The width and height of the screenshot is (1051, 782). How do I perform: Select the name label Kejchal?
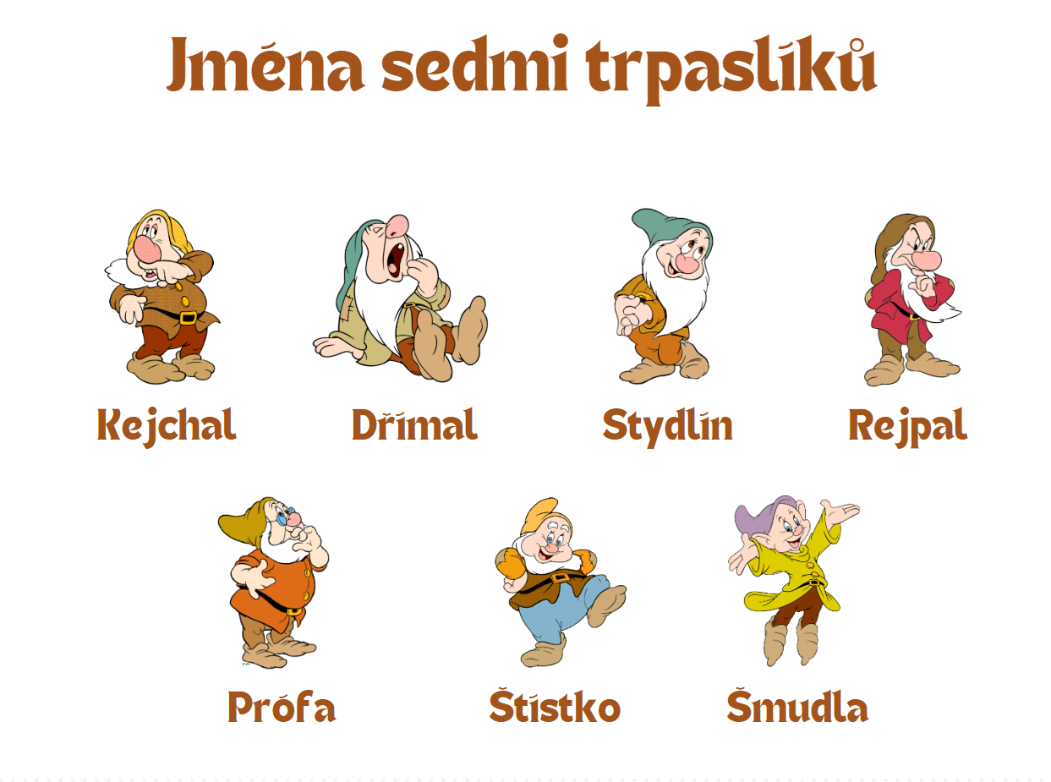click(x=167, y=425)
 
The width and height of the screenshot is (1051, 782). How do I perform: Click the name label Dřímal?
click(x=414, y=425)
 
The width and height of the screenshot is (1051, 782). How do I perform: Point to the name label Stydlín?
click(x=667, y=425)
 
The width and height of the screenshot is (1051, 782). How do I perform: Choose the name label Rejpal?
click(x=907, y=425)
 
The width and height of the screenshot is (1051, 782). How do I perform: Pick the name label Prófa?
click(x=282, y=708)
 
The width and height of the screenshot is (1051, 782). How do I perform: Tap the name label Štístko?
click(x=555, y=708)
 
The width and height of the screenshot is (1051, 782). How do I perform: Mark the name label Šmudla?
click(x=797, y=708)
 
